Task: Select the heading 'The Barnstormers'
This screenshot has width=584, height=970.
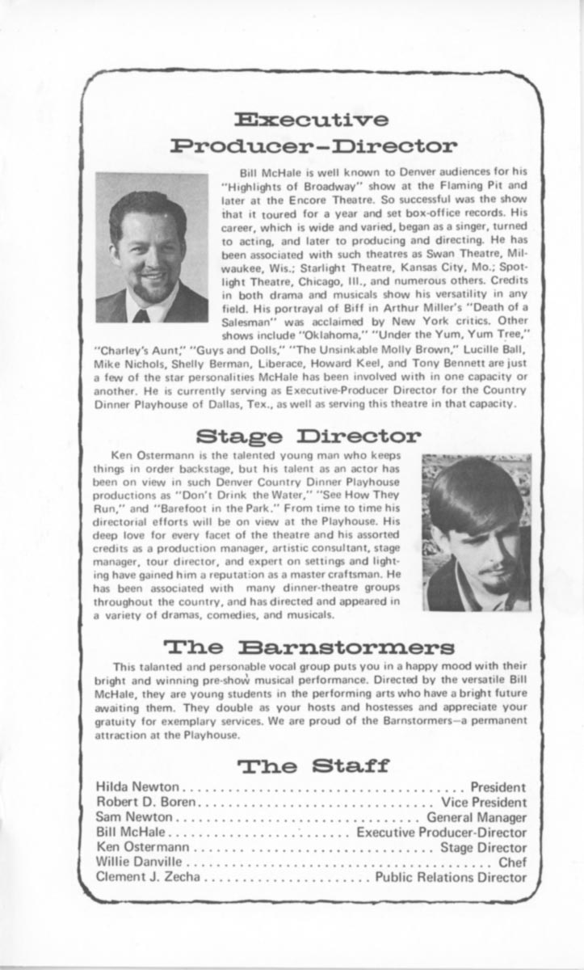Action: click(x=309, y=647)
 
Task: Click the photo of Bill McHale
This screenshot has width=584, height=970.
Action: click(x=152, y=247)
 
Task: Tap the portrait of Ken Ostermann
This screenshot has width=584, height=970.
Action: click(x=477, y=532)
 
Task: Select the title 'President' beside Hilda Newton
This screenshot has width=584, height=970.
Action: click(x=498, y=787)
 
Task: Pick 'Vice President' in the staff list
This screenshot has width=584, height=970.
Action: click(x=483, y=802)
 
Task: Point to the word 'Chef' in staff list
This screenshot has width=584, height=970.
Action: click(x=512, y=862)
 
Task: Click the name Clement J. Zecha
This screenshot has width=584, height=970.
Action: click(x=146, y=877)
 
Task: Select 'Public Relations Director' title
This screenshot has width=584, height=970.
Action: click(x=451, y=877)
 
